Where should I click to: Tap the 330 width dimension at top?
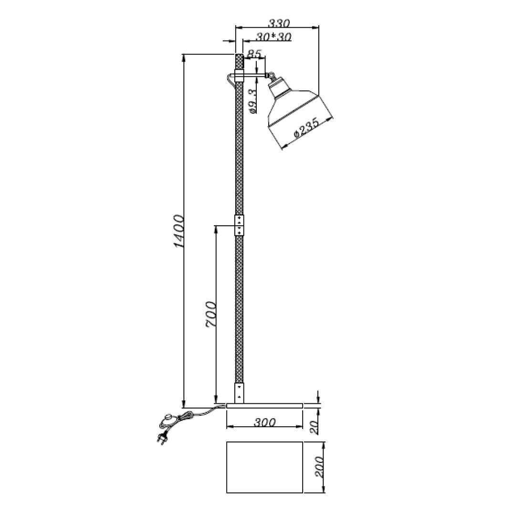coord(278,23)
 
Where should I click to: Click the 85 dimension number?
coord(254,54)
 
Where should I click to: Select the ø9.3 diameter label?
coord(253,101)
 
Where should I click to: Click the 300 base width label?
coord(265,422)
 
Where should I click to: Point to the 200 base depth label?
coord(319,467)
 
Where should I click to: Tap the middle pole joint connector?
coord(239,225)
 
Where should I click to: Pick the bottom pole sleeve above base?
coord(239,392)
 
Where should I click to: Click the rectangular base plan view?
coord(265,467)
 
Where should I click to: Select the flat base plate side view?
coord(265,406)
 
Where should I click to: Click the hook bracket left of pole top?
coord(230,79)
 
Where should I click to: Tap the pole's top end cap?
coord(239,62)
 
